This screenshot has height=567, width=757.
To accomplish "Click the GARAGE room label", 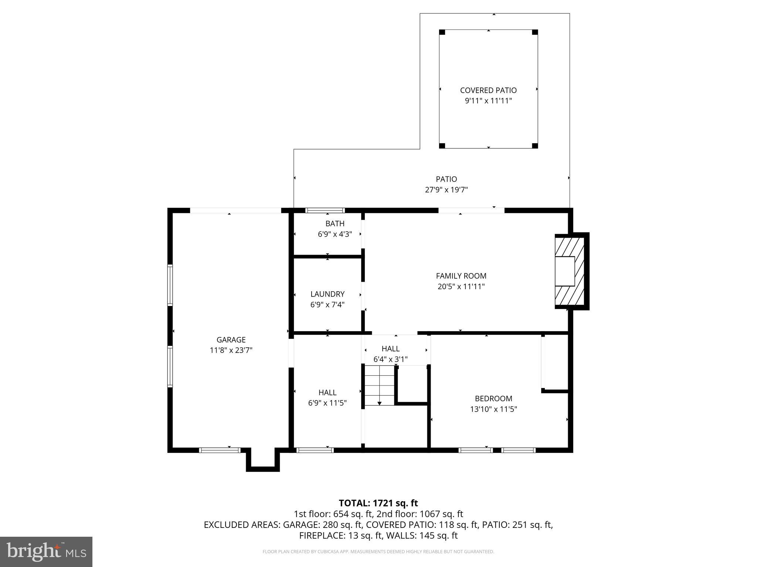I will (231, 340).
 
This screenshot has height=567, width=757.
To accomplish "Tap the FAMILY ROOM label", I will (461, 276).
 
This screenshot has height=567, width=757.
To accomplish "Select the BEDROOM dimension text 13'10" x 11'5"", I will (493, 409).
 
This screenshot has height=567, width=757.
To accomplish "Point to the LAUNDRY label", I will (327, 294).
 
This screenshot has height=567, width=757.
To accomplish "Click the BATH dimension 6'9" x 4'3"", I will (335, 234).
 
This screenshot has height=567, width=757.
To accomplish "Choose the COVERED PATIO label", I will (488, 90).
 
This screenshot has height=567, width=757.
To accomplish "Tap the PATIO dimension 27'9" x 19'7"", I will (446, 190).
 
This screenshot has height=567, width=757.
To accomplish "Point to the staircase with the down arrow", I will (380, 385).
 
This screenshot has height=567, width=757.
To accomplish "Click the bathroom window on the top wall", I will (325, 210).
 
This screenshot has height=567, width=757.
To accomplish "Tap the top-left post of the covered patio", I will (442, 32).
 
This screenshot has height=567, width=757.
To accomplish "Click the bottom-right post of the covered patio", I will (534, 145).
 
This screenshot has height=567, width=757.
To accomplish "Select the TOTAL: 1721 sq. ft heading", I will (378, 503).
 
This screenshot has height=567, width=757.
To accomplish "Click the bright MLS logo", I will (46, 551).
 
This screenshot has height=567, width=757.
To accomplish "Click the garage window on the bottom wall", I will (220, 450).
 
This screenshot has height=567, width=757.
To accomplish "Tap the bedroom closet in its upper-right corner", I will (556, 362).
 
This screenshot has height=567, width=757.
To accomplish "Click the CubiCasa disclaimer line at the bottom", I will (378, 552).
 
